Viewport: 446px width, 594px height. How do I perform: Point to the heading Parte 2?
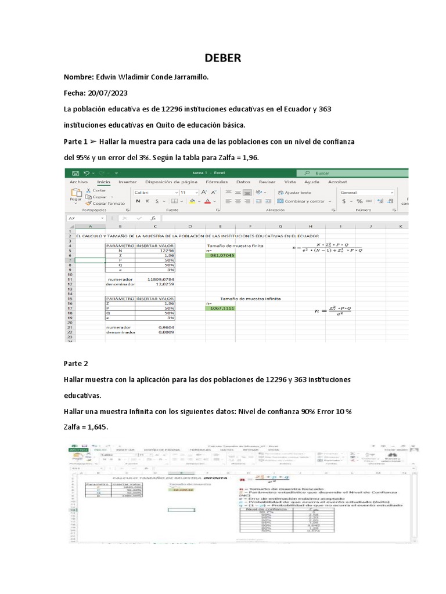pos(75,363)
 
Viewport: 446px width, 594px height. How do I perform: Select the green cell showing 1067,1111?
pos(221,309)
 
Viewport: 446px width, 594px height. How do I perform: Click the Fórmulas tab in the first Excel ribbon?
pos(217,182)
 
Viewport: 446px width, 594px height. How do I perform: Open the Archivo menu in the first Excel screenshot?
pos(78,182)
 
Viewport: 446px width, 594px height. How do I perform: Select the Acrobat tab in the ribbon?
pos(337,182)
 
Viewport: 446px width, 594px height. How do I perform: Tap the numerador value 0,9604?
pos(165,327)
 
